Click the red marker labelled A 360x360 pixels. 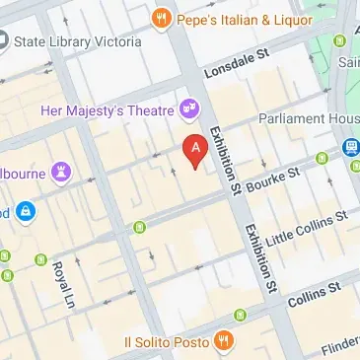pyautogui.click(x=196, y=151)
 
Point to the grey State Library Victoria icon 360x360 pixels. pyautogui.click(x=3, y=41)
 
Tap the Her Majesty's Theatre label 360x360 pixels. pyautogui.click(x=108, y=110)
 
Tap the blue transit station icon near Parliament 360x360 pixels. pyautogui.click(x=350, y=147)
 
